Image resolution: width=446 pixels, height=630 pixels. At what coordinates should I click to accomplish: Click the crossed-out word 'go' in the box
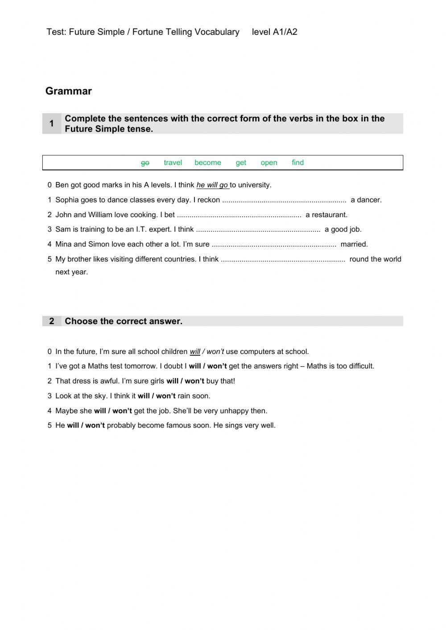click(x=145, y=163)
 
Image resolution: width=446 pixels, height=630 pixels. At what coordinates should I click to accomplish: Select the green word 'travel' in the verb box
click(x=173, y=163)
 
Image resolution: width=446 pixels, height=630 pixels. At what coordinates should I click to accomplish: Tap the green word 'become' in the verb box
click(x=207, y=163)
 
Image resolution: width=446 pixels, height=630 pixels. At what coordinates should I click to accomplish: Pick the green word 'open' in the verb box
click(x=269, y=163)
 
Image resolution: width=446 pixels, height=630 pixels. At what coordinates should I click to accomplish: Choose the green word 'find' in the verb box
click(x=297, y=163)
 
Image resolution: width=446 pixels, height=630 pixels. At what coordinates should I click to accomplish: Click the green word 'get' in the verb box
click(x=241, y=163)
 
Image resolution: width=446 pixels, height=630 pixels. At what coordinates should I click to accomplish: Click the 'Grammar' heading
click(x=69, y=91)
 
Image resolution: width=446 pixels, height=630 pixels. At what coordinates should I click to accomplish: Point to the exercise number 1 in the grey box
click(x=52, y=124)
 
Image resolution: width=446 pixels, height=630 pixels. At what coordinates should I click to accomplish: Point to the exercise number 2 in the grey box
click(x=52, y=321)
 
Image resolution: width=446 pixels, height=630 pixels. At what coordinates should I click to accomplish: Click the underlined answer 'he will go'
click(x=212, y=185)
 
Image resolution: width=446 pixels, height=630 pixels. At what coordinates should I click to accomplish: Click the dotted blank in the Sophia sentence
click(x=284, y=200)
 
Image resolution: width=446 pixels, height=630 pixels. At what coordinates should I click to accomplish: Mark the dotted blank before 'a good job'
click(x=258, y=230)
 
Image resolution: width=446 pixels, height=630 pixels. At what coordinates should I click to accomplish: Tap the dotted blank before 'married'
click(x=274, y=244)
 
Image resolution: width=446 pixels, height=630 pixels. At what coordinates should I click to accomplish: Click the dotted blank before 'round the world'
click(x=283, y=259)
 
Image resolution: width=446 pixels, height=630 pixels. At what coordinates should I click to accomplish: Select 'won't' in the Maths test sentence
click(x=217, y=366)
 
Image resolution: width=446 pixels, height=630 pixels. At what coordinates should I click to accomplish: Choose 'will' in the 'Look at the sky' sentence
click(x=144, y=396)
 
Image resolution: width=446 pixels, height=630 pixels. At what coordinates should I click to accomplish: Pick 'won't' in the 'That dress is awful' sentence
click(x=194, y=381)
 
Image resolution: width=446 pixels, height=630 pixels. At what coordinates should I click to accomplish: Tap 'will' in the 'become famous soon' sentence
click(x=73, y=426)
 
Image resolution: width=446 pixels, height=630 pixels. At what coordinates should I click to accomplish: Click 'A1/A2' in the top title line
click(x=285, y=32)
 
